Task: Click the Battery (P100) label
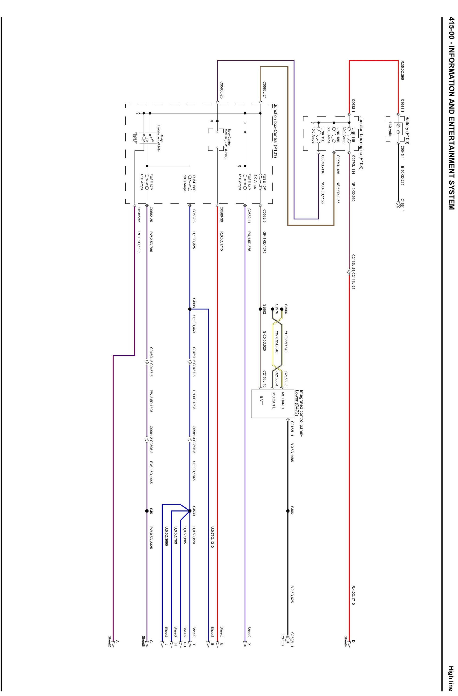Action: tap(407, 130)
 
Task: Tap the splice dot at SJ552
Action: tap(260, 309)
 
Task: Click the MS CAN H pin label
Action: tap(283, 400)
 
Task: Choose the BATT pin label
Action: tap(261, 400)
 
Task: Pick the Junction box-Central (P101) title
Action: tap(275, 131)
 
